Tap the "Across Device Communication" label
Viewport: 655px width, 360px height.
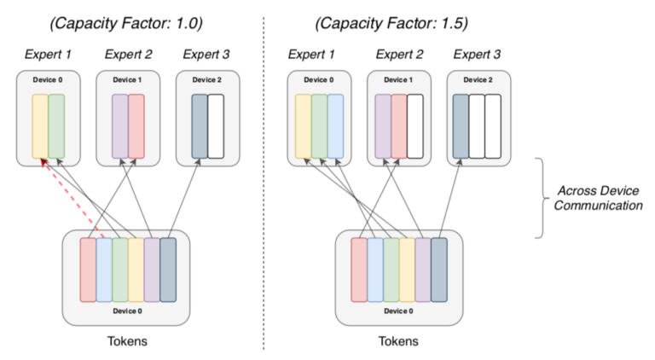[599, 197]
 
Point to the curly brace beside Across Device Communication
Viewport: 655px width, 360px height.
[541, 197]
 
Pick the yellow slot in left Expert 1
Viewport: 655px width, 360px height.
[40, 126]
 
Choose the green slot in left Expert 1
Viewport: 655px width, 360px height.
[56, 126]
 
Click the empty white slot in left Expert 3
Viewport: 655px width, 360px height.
[216, 126]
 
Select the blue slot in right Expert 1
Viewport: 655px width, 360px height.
[335, 126]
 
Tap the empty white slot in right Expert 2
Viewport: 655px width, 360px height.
[414, 126]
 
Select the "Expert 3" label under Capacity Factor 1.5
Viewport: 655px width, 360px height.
[478, 55]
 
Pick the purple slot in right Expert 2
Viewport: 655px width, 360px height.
[383, 126]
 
